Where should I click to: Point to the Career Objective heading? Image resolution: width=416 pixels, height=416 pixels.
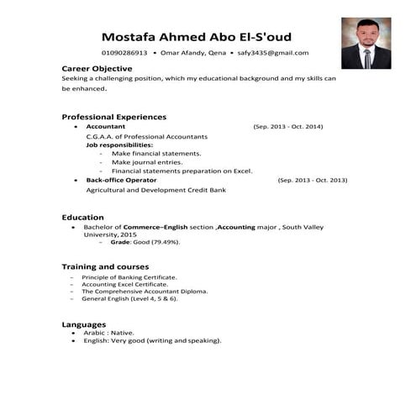click(x=97, y=67)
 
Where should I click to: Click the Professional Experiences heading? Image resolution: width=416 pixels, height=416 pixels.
click(x=113, y=116)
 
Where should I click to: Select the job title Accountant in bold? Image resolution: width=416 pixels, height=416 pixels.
click(x=106, y=126)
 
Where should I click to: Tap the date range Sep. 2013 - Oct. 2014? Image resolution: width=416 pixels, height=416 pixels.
click(x=287, y=126)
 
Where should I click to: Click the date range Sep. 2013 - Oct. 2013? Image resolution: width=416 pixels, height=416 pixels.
click(x=312, y=180)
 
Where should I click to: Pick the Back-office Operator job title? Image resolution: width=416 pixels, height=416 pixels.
click(x=121, y=180)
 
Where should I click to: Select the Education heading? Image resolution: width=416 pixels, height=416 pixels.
click(x=83, y=216)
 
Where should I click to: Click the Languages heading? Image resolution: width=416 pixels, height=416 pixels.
click(x=84, y=324)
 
